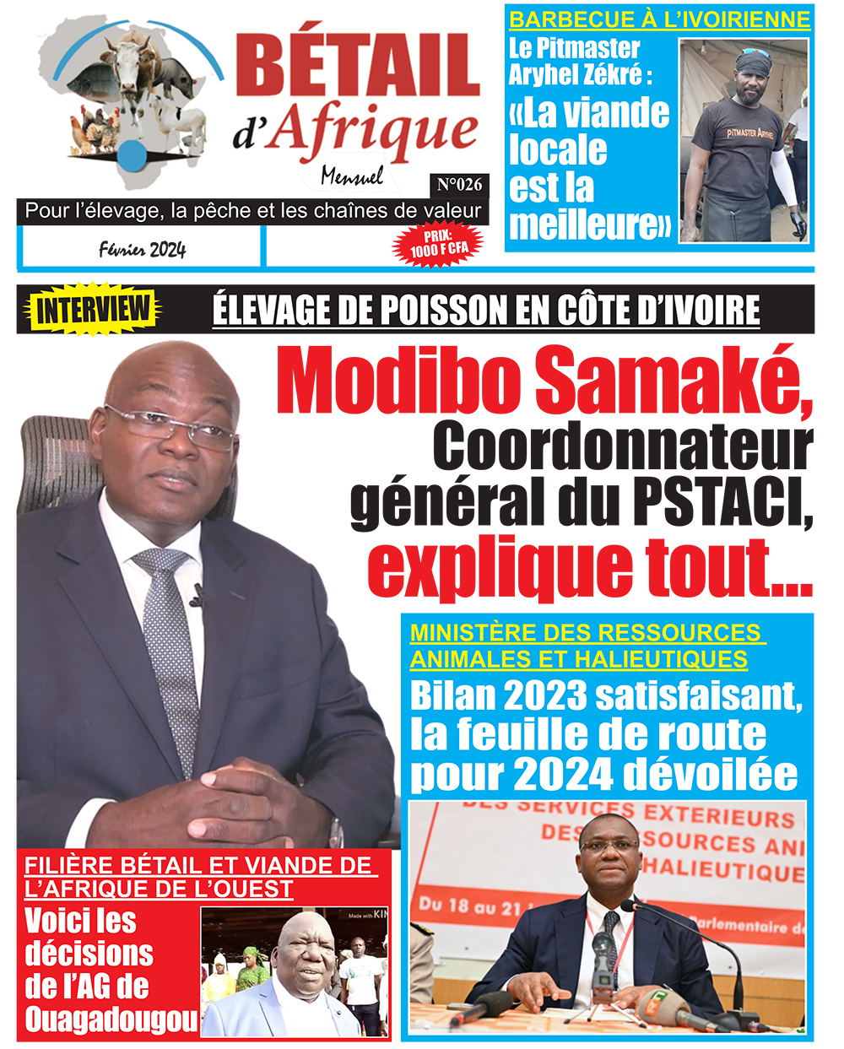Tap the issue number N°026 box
click(460, 185)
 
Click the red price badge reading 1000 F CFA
click(438, 244)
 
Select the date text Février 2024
click(142, 249)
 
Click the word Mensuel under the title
click(352, 176)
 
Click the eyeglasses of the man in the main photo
click(173, 426)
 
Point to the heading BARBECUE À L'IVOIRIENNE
click(659, 19)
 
